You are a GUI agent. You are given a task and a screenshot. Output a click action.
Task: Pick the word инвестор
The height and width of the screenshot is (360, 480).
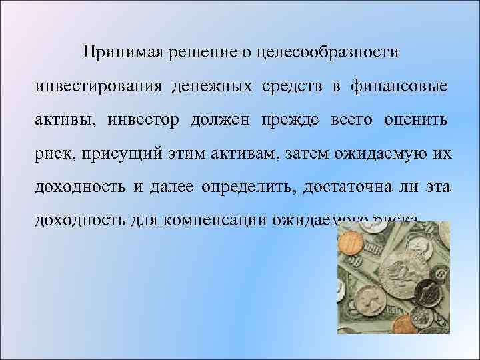point(143,120)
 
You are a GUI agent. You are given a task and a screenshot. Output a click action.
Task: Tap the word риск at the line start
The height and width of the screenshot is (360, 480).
point(55,154)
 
